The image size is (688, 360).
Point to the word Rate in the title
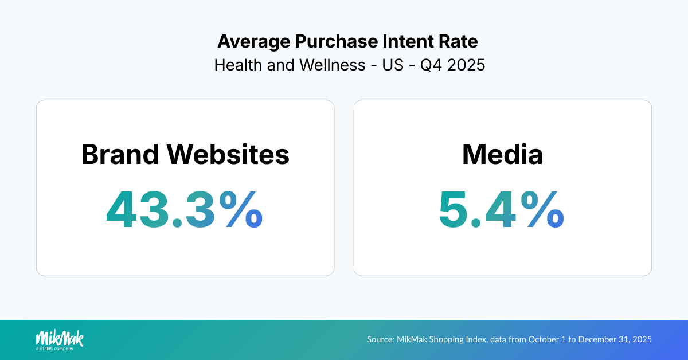pos(460,42)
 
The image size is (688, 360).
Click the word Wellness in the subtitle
pos(333,65)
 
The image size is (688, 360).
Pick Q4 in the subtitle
pos(431,65)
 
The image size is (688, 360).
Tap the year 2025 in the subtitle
pos(466,65)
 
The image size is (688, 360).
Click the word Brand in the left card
pos(120,155)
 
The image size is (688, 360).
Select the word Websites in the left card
pos(228,155)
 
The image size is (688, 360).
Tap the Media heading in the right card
pos(502,155)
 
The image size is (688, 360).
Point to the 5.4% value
pos(502,210)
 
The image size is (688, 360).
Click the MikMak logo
pos(60,338)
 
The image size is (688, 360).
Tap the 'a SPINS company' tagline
pos(54,348)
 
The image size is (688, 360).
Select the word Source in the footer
pos(380,339)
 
